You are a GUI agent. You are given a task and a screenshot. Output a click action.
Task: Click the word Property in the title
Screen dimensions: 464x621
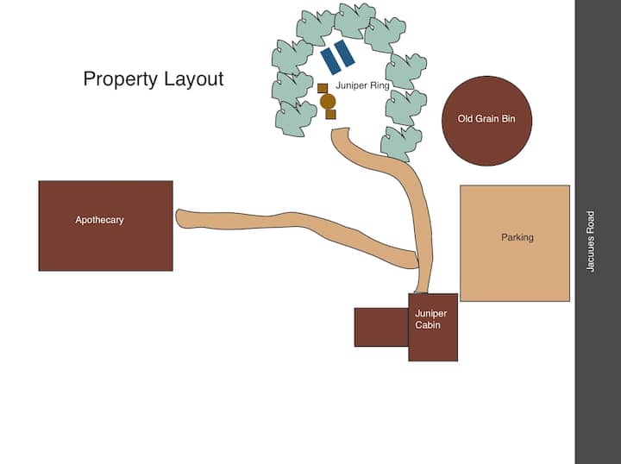[117, 79]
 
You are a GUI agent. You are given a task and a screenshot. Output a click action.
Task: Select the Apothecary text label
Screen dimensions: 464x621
[99, 220]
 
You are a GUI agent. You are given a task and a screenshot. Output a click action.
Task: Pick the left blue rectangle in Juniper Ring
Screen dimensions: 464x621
[330, 60]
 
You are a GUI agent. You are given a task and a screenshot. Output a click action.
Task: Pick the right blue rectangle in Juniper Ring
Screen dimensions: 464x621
[345, 53]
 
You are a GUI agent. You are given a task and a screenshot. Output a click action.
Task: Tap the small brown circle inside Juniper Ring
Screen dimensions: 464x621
[328, 102]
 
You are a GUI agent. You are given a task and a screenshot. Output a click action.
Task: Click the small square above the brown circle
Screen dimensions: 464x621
[323, 88]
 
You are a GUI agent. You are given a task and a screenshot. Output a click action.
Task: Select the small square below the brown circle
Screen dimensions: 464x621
[330, 114]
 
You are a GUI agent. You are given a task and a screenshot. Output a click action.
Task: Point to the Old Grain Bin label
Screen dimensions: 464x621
[486, 119]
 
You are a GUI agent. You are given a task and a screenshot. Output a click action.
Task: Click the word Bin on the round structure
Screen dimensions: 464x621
[508, 119]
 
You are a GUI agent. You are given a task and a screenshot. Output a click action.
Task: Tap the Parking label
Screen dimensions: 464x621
[517, 237]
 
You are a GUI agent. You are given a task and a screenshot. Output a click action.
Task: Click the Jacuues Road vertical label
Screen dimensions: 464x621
[591, 241]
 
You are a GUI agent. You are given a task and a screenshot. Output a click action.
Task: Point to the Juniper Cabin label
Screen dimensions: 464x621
[430, 319]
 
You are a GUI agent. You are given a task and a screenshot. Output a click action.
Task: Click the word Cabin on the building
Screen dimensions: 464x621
[429, 325]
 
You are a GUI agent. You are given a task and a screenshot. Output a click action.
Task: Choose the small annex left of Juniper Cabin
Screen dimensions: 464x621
[381, 327]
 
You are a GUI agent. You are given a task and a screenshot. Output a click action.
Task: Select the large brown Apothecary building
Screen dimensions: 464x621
[105, 246]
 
